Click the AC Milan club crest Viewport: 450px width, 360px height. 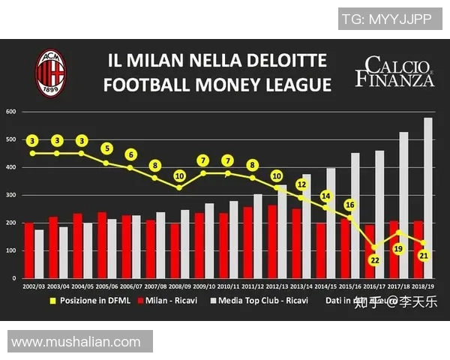pyautogui.click(x=51, y=72)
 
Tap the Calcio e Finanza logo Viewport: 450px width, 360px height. pyautogui.click(x=394, y=70)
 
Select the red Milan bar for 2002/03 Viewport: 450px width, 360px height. pyautogui.click(x=28, y=250)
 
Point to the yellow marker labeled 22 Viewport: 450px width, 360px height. pyautogui.click(x=373, y=259)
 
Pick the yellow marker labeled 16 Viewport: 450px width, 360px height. pyautogui.click(x=349, y=205)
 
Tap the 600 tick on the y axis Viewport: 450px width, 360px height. pyautogui.click(x=11, y=112)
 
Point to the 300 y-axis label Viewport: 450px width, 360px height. pyautogui.click(x=11, y=195)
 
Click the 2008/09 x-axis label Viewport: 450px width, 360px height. pyautogui.click(x=180, y=286)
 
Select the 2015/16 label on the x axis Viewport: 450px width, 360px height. pyautogui.click(x=350, y=286)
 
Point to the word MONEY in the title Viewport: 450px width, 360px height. pyautogui.click(x=216, y=85)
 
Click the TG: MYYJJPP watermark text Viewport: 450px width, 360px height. pyautogui.click(x=386, y=19)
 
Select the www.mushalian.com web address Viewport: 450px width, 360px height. pyautogui.click(x=76, y=342)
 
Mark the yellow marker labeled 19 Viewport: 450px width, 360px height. pyautogui.click(x=399, y=248)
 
